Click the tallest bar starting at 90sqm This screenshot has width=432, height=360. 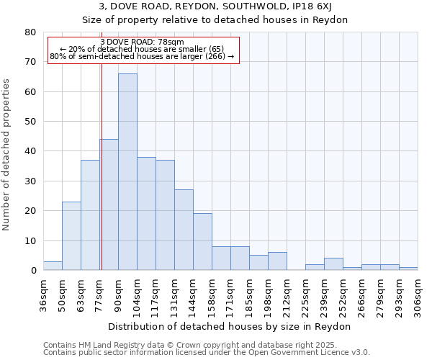127,172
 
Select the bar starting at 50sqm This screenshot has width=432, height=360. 71,236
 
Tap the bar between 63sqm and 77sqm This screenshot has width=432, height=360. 90,215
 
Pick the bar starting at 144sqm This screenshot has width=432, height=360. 202,242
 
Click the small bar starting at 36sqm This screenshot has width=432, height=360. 53,266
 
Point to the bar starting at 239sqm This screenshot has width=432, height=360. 333,264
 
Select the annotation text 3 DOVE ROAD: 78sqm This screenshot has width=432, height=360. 143,42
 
